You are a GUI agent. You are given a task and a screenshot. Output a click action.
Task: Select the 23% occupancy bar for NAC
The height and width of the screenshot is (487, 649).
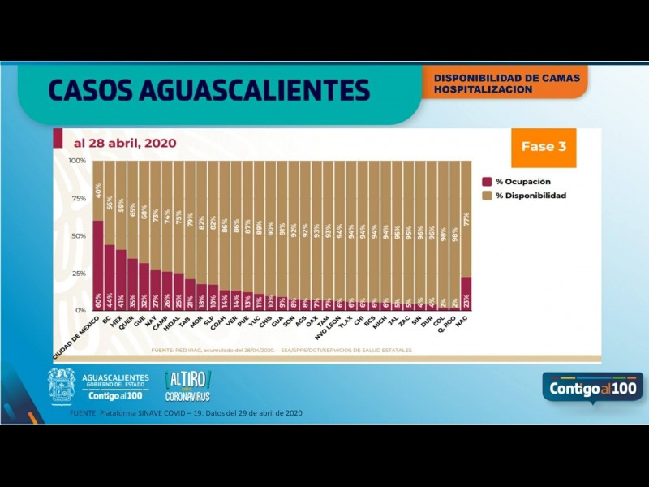tap(466, 294)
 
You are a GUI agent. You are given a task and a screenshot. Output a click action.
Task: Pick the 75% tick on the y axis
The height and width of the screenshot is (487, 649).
tap(79, 198)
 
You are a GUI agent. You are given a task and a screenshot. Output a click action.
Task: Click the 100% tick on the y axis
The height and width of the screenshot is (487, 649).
tap(77, 161)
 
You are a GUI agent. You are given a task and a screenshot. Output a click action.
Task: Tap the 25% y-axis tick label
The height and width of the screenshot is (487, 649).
tap(79, 273)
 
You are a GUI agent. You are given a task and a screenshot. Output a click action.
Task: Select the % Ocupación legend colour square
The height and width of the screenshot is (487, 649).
tap(487, 182)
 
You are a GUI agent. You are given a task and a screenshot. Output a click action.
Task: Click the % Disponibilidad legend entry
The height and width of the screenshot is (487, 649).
tap(531, 196)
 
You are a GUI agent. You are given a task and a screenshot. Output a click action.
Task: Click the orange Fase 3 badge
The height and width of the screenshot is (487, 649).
tap(544, 147)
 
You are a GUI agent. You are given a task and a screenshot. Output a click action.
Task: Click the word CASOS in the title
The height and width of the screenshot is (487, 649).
tap(95, 89)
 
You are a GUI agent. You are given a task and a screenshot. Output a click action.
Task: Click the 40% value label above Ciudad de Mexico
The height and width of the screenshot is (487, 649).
tap(98, 192)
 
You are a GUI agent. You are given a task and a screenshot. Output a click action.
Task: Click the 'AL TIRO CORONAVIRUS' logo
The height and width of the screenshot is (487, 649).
tap(187, 385)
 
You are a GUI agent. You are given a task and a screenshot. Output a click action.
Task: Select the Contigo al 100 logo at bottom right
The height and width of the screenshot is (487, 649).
tap(592, 389)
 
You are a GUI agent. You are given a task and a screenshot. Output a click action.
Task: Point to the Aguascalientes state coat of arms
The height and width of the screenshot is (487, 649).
tap(62, 385)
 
